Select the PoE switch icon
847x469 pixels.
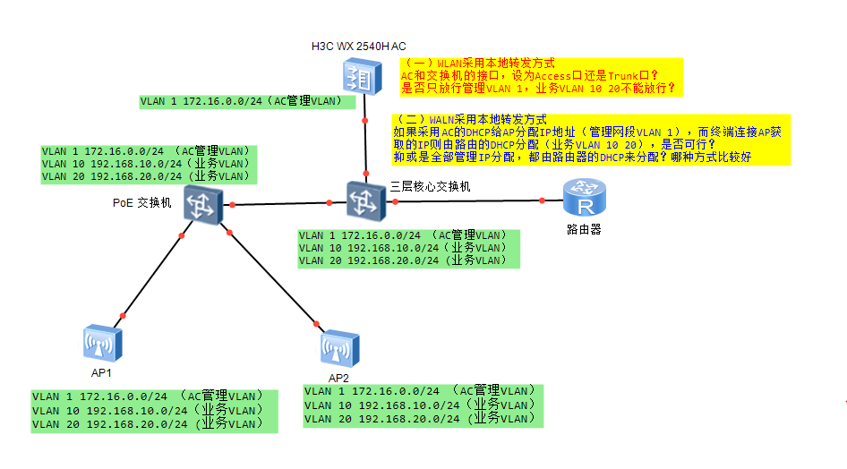(x=201, y=206)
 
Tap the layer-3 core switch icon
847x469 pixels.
(x=365, y=200)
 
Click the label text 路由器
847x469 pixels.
(x=584, y=229)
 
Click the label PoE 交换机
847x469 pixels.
(x=141, y=202)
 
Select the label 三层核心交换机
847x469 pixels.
(x=430, y=186)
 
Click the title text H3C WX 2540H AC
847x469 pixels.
(x=358, y=46)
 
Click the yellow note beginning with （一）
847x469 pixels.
(x=540, y=76)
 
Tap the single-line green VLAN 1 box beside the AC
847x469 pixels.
(x=242, y=101)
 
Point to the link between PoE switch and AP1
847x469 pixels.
(x=152, y=275)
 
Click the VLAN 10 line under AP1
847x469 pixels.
(x=148, y=410)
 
